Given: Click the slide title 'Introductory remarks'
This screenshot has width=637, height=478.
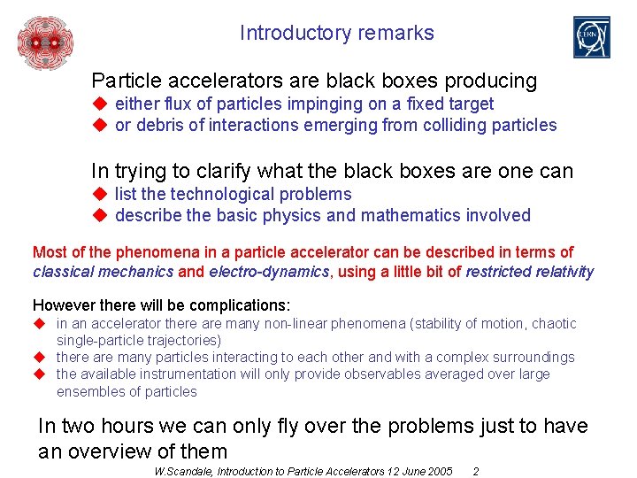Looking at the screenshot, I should pos(336,34).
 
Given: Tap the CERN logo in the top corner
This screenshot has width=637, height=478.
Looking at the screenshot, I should pos(591,37).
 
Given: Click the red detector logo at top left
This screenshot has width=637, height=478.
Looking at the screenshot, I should pos(45,42).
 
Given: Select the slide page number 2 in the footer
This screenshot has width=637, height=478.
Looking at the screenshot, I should pos(476,471).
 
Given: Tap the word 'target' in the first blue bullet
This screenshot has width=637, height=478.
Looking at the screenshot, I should pos(469,104).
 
